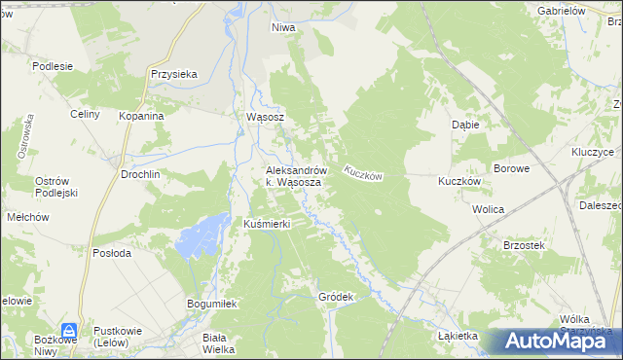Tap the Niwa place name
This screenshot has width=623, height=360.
pos(283,28)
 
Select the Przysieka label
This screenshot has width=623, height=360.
pos(174,73)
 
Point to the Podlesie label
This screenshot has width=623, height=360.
pos(53,66)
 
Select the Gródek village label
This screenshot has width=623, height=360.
pos(334,296)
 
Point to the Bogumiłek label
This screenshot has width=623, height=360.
pos(212,305)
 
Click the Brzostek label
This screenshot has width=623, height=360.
pos(524,246)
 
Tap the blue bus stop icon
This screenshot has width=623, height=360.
pos(70,331)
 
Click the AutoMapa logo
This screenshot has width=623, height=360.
pos(558,341)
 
